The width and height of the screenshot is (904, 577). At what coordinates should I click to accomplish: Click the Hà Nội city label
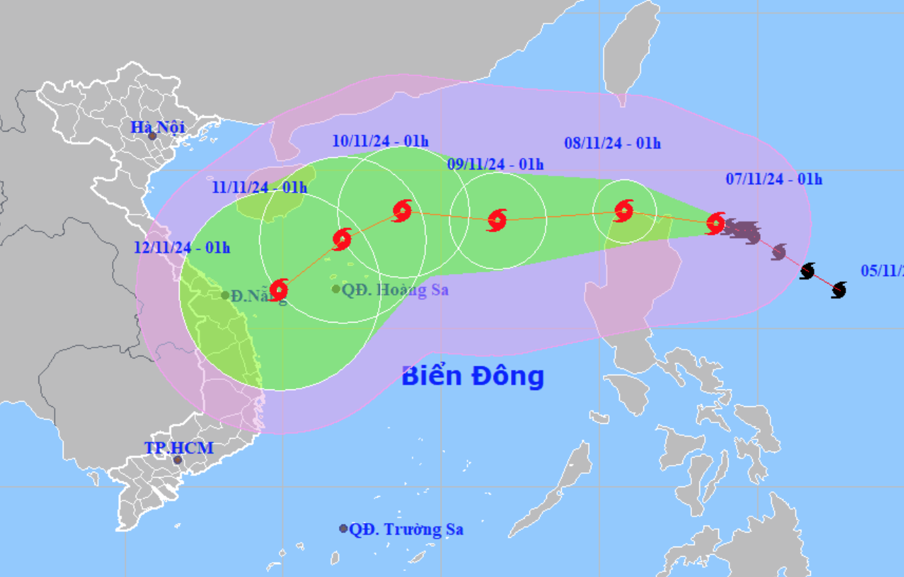(x=157, y=127)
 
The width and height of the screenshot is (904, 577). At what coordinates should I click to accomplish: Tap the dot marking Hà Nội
(x=153, y=137)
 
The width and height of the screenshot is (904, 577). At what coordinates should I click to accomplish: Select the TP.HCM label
(x=179, y=447)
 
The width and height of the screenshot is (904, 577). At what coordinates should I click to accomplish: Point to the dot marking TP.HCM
(x=178, y=460)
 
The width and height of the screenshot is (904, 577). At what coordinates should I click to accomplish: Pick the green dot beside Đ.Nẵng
(x=225, y=295)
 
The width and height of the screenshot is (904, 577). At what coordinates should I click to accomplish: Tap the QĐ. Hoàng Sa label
(x=395, y=290)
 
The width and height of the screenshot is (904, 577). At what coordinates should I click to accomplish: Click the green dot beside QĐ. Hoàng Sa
(x=336, y=289)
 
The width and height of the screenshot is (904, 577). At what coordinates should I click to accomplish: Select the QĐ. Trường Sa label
(x=406, y=529)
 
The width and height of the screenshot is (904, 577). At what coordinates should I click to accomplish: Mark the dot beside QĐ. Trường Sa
(x=344, y=528)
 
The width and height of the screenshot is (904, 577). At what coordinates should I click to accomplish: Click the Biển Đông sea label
(x=473, y=376)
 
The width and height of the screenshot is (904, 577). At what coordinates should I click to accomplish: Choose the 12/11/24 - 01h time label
(x=182, y=248)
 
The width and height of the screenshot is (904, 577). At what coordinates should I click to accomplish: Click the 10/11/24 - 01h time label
(x=380, y=141)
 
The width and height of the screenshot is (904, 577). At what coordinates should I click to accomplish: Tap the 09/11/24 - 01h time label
(x=495, y=164)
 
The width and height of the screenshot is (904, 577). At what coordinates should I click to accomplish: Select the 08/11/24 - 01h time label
(x=612, y=143)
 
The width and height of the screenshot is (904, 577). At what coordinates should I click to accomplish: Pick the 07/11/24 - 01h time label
(x=774, y=179)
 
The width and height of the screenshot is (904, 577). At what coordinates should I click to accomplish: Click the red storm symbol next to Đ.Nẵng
(x=278, y=290)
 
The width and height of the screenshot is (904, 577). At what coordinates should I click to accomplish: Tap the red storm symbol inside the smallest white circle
(x=624, y=211)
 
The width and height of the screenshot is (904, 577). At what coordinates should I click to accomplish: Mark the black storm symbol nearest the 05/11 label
(x=839, y=290)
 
